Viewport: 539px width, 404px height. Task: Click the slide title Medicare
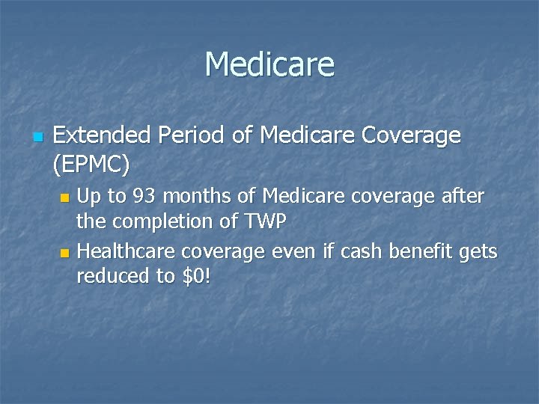pyautogui.click(x=269, y=64)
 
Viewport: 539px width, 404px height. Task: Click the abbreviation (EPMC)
pyautogui.click(x=92, y=162)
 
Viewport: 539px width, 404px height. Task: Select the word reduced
pyautogui.click(x=112, y=276)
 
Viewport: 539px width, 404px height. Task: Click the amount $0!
pyautogui.click(x=196, y=276)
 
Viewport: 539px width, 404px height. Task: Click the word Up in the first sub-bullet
pyautogui.click(x=90, y=198)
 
